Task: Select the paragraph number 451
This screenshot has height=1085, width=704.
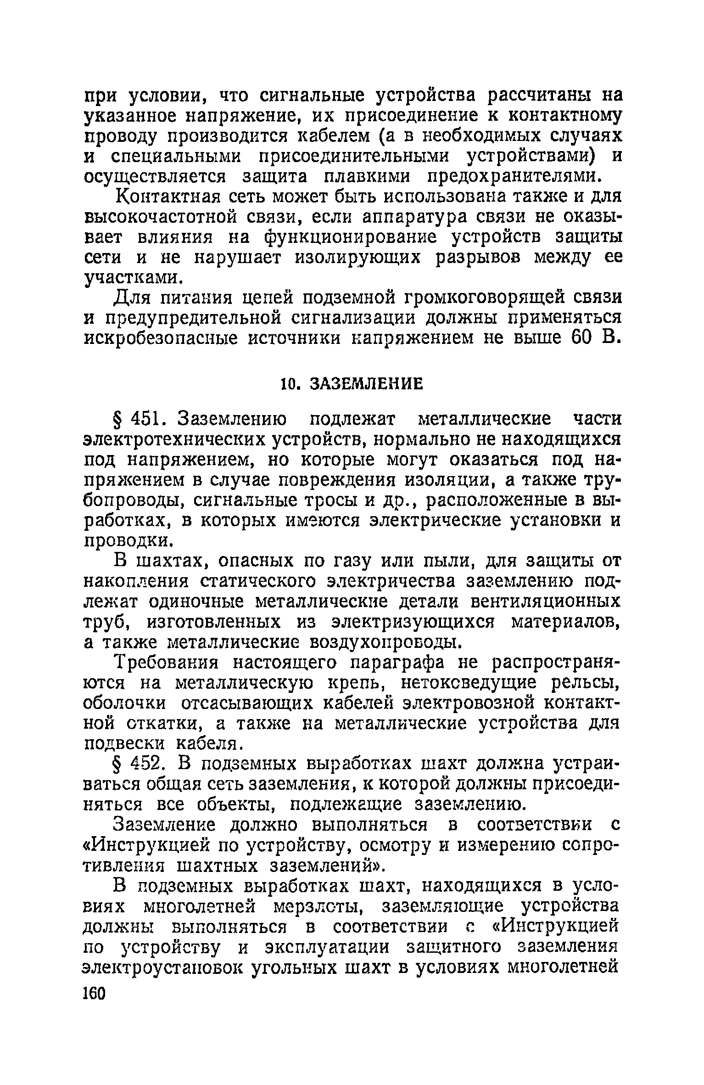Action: tap(145, 419)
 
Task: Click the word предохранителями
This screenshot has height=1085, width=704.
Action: tap(514, 177)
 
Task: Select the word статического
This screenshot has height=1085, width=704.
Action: tap(259, 582)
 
